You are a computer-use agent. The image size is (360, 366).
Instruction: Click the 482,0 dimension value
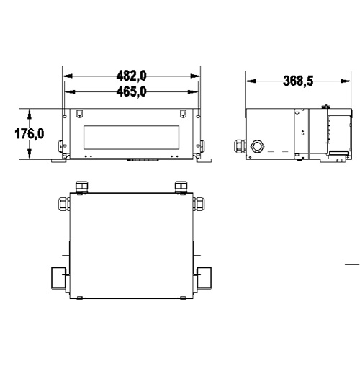[x=132, y=76]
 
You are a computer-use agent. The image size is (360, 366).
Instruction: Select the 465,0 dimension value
[x=132, y=91]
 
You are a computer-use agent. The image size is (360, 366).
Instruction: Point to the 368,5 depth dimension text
[x=298, y=81]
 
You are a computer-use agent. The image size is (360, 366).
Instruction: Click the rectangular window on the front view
[x=132, y=137]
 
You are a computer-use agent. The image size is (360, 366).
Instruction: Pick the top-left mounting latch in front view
[x=80, y=113]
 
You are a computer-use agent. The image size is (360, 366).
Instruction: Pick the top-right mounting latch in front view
[x=184, y=113]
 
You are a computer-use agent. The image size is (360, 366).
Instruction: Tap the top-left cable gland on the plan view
[x=80, y=187]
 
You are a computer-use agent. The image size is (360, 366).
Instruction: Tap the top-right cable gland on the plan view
[x=179, y=187]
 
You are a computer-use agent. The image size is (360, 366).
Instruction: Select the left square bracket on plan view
[x=58, y=277]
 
